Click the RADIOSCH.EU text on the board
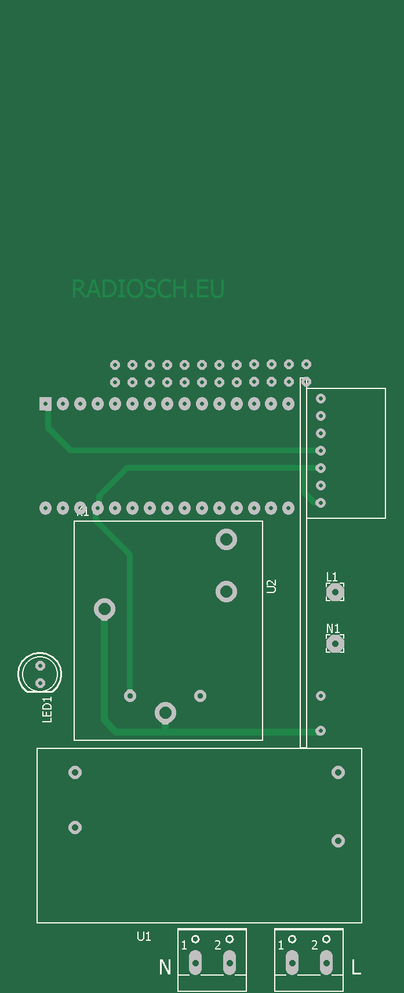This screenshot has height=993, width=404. click(x=148, y=289)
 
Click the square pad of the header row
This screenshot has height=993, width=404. click(x=45, y=404)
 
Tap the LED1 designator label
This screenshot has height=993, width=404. click(x=48, y=710)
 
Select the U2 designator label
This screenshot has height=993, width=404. click(x=271, y=586)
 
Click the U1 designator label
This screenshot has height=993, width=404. click(x=144, y=936)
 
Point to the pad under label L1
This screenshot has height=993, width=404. click(x=335, y=592)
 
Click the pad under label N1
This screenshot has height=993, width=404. click(x=335, y=643)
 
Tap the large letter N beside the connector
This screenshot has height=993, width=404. click(x=165, y=967)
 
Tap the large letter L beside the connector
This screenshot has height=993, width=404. click(x=356, y=967)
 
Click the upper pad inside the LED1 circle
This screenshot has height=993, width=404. click(x=40, y=665)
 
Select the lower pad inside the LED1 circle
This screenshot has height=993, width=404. click(x=40, y=683)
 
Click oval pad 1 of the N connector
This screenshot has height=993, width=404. click(x=195, y=962)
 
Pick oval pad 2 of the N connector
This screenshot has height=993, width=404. click(x=230, y=962)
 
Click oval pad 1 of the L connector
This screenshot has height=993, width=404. click(x=292, y=962)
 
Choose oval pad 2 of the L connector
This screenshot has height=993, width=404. click(x=326, y=962)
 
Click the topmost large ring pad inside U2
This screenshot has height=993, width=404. click(x=226, y=539)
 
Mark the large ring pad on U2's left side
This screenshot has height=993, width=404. click(x=104, y=609)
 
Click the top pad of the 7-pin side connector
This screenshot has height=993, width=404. click(x=321, y=398)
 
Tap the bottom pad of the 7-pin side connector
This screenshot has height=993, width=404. click(x=321, y=503)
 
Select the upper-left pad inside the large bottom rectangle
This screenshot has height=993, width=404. click(x=75, y=772)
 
